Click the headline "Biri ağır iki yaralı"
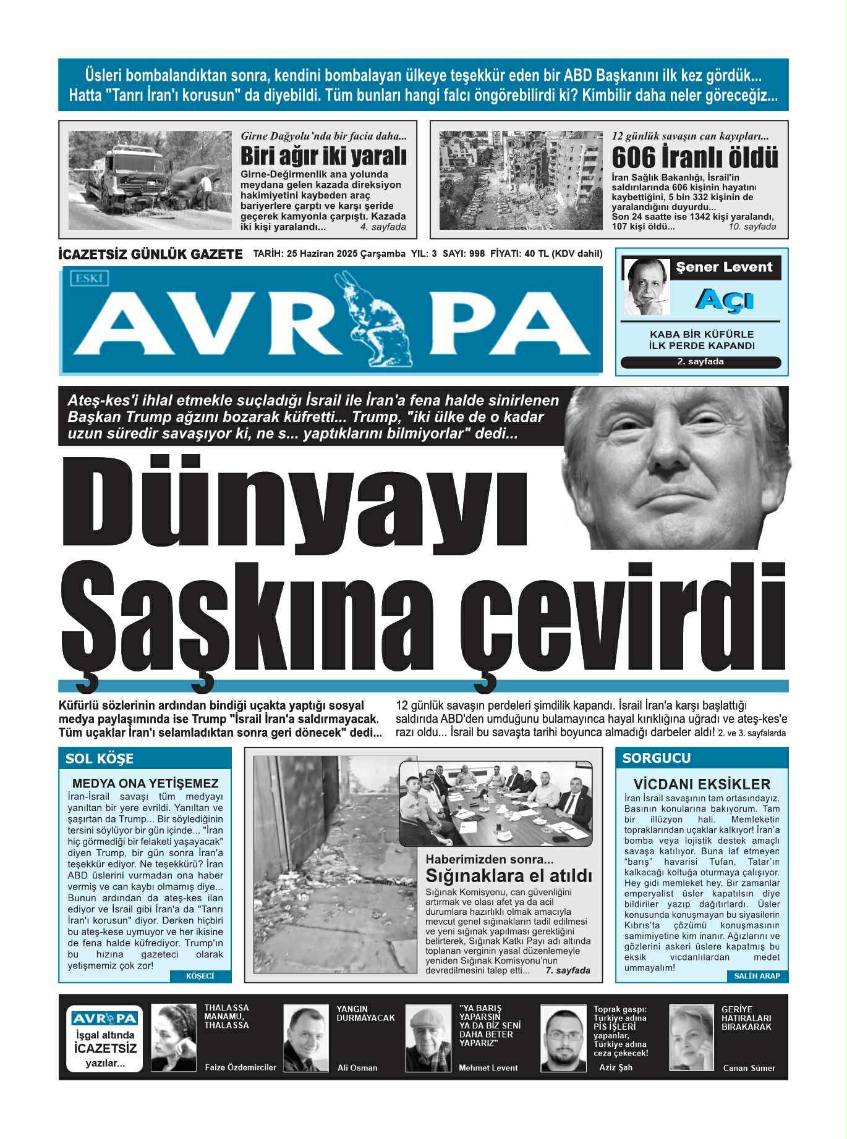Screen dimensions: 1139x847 point(323,155)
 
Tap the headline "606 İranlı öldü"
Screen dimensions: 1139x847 point(694,157)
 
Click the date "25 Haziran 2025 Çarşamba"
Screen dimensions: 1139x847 point(346,254)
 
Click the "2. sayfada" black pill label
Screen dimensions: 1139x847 point(700,362)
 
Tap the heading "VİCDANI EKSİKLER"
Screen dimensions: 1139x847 point(702,784)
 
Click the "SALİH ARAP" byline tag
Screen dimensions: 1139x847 point(757,976)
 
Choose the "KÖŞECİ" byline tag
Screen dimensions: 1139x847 point(200,976)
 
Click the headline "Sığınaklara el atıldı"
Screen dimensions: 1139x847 point(509,876)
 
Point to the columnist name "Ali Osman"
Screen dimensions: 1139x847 point(357,1067)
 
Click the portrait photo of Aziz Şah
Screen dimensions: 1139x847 point(564,1038)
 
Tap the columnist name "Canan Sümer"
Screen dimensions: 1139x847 point(749,1068)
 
